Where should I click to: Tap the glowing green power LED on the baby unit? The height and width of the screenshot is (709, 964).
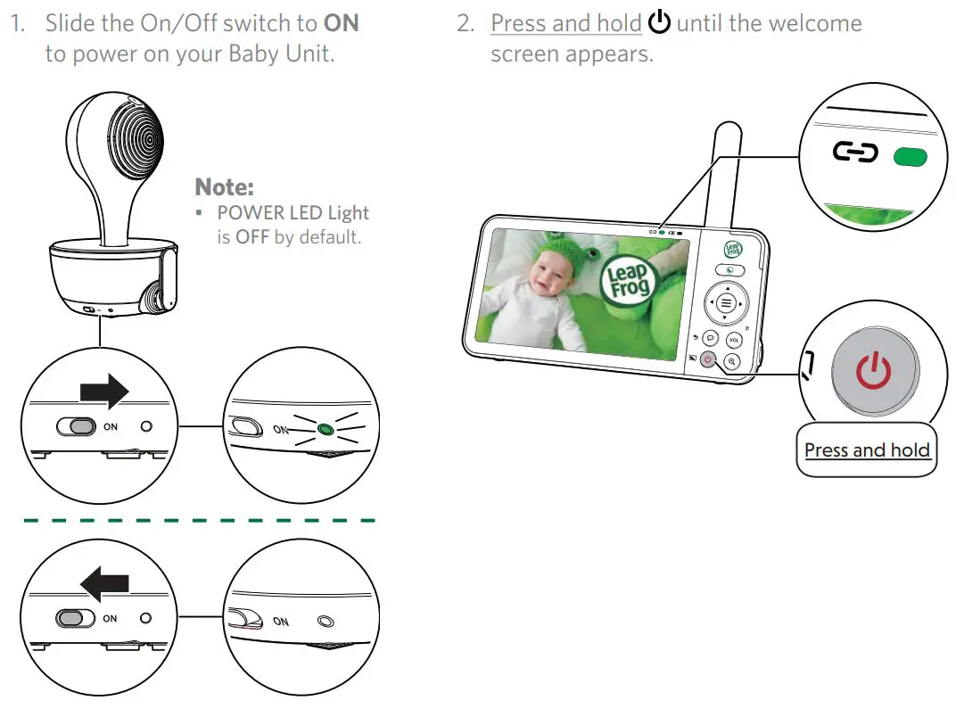325,430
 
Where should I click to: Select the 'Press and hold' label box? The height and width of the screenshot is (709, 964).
866,450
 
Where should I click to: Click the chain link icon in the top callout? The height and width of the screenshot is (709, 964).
855,153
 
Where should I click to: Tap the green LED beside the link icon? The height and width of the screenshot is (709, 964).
910,158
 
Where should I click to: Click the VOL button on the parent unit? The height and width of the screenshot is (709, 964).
734,340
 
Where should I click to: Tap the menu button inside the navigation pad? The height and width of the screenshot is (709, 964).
726,303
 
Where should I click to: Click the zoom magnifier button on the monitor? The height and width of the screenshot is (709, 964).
732,361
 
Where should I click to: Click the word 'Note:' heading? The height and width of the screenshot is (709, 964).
224,187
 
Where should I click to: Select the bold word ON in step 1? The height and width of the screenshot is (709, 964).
341,23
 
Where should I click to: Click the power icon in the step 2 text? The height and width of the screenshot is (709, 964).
659,23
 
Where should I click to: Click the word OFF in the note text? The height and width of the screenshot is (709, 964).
251,238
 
